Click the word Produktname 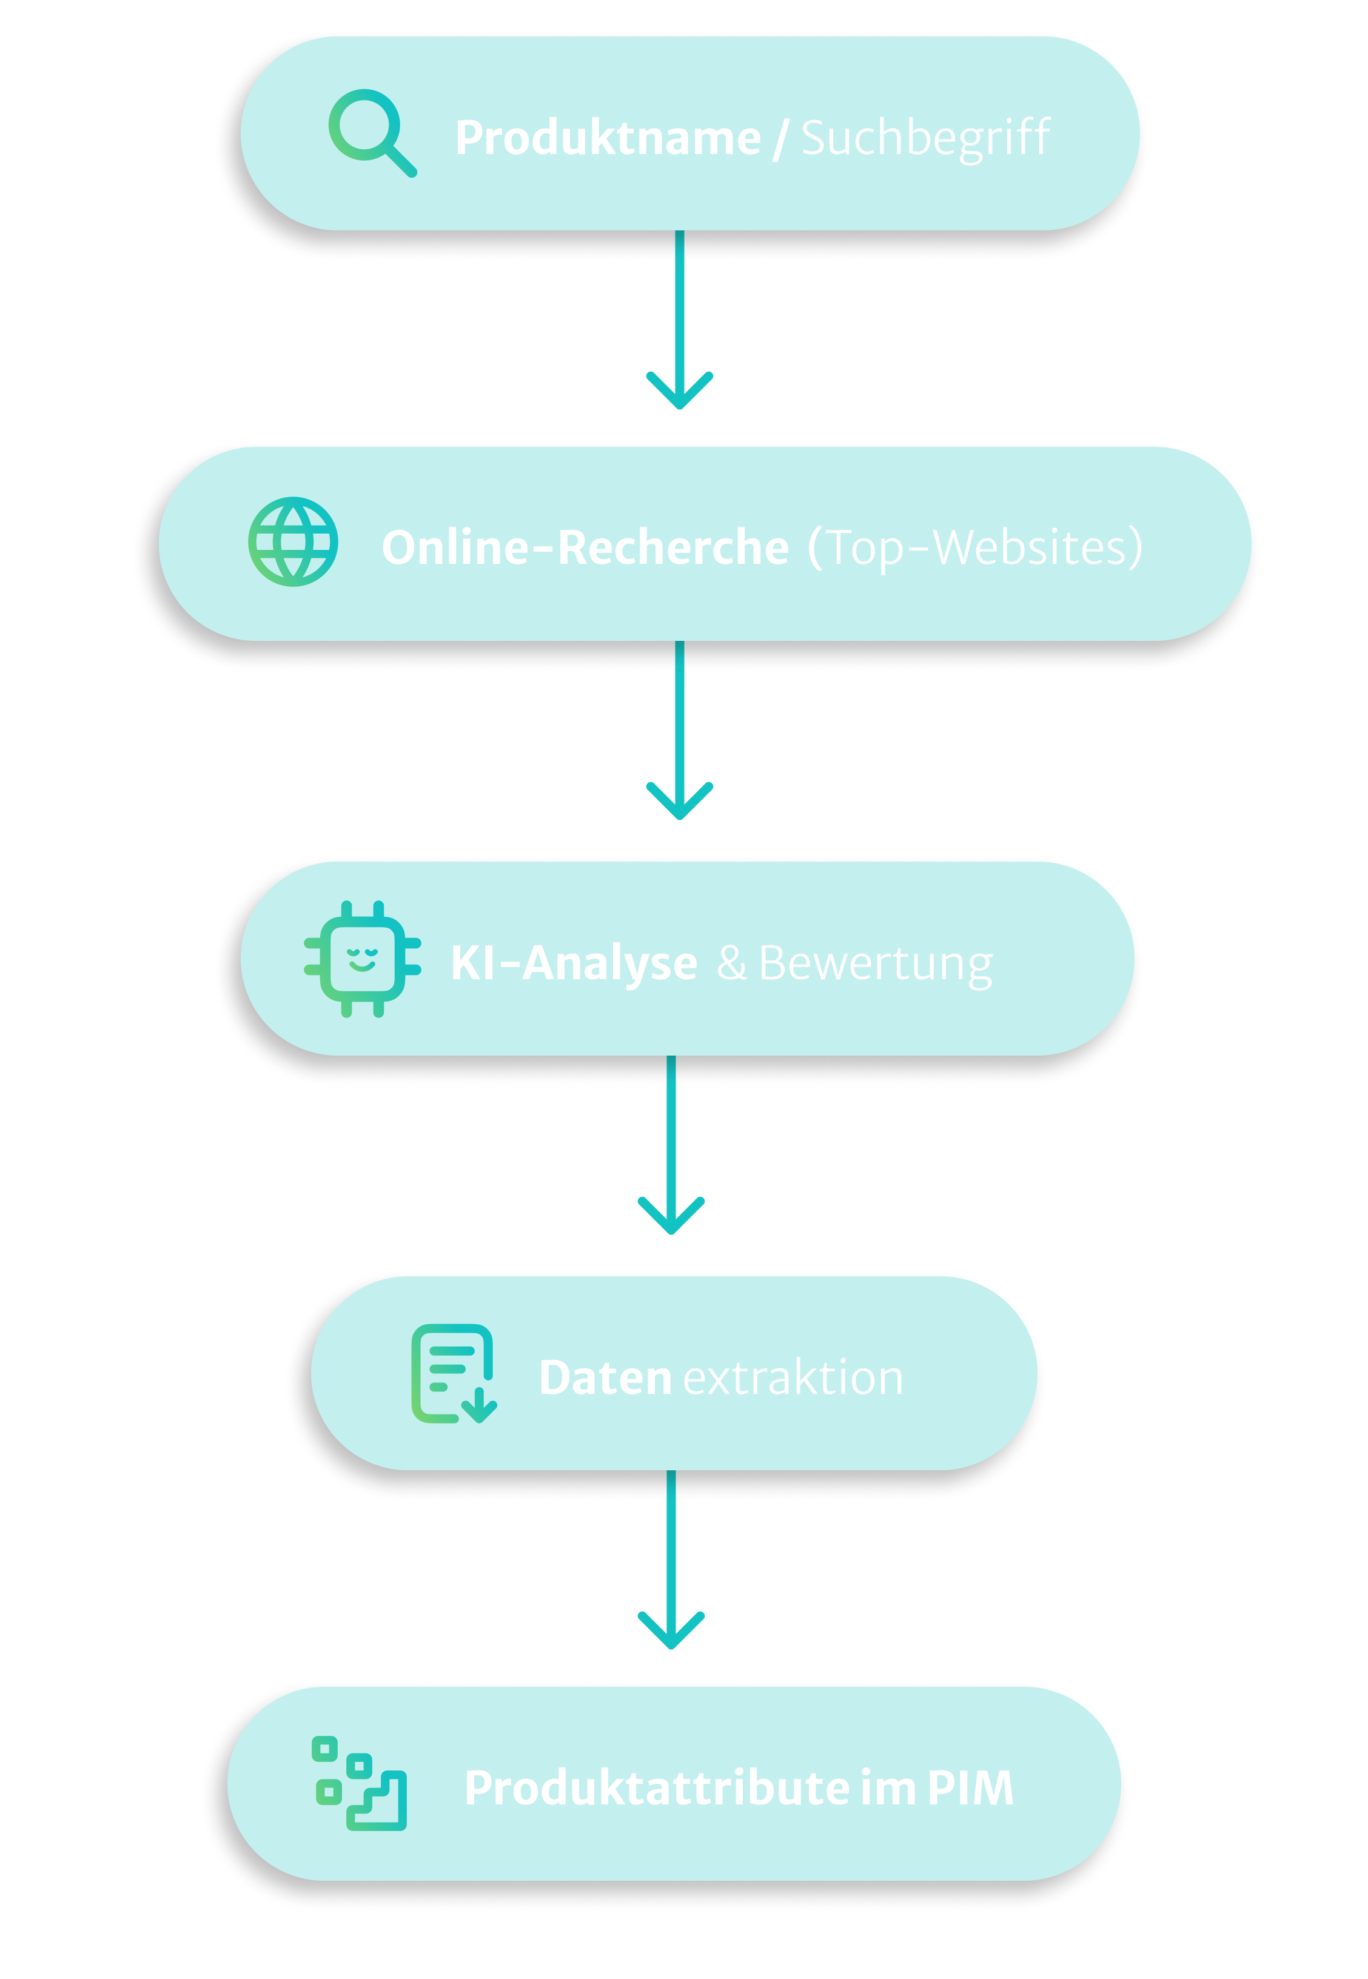click(x=607, y=138)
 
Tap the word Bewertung click(x=875, y=963)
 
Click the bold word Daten click(x=605, y=1378)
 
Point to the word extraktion click(x=793, y=1378)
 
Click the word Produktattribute click(x=657, y=1788)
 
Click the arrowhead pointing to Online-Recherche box click(x=680, y=392)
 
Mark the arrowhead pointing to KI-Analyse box click(x=680, y=803)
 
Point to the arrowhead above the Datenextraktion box click(x=671, y=1218)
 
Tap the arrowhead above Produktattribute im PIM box click(x=671, y=1633)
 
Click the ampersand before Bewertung click(x=731, y=963)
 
